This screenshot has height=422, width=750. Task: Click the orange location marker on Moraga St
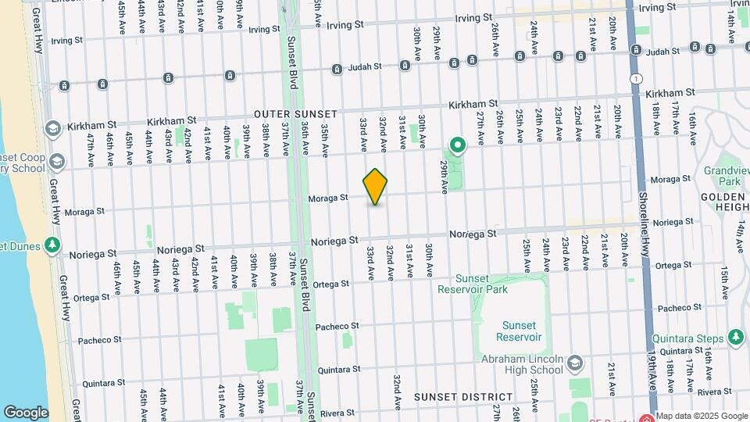click(x=376, y=187)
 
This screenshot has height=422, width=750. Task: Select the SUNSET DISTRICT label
click(x=463, y=397)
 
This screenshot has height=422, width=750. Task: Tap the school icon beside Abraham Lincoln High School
click(x=575, y=363)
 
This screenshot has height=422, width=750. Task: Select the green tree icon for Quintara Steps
click(x=735, y=337)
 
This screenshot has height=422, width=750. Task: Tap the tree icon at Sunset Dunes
click(x=52, y=245)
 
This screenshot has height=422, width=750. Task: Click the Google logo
click(x=26, y=412)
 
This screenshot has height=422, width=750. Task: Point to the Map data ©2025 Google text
click(x=701, y=416)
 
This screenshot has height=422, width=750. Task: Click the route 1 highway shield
click(x=637, y=79)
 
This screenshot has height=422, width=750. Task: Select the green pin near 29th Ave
click(x=457, y=145)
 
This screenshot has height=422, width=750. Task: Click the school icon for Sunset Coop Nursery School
click(x=56, y=162)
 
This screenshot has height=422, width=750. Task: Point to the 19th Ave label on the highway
click(x=653, y=383)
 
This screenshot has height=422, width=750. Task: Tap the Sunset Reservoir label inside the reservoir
click(x=520, y=331)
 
